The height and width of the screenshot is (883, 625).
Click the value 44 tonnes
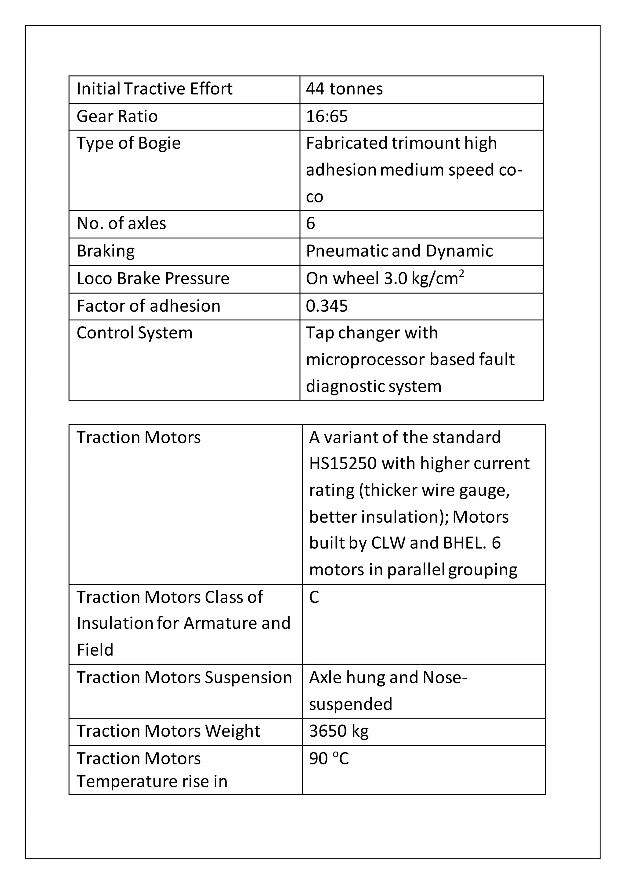click(x=344, y=89)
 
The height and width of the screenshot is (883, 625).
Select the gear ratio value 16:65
click(x=327, y=116)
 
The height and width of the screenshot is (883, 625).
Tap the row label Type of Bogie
click(x=128, y=143)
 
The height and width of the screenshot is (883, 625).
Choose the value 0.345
click(x=327, y=306)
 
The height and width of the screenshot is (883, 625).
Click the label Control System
click(x=134, y=333)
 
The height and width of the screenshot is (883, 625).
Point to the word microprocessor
click(x=365, y=359)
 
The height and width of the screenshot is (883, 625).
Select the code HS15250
click(x=342, y=464)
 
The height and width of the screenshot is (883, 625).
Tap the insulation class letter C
click(x=314, y=597)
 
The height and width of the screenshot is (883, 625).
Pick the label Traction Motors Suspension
click(x=184, y=677)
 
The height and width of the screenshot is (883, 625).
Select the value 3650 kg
click(x=339, y=731)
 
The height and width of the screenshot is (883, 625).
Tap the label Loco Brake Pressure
click(x=153, y=278)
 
